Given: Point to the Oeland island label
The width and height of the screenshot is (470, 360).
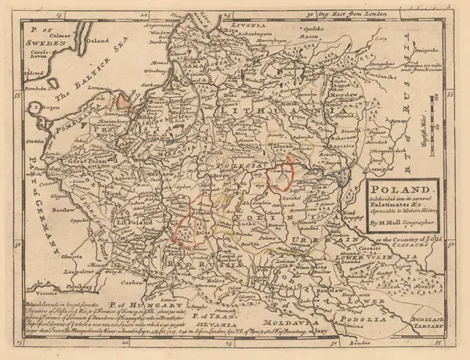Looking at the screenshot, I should (x=96, y=41).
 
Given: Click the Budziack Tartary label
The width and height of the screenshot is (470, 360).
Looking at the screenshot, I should (x=428, y=319).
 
